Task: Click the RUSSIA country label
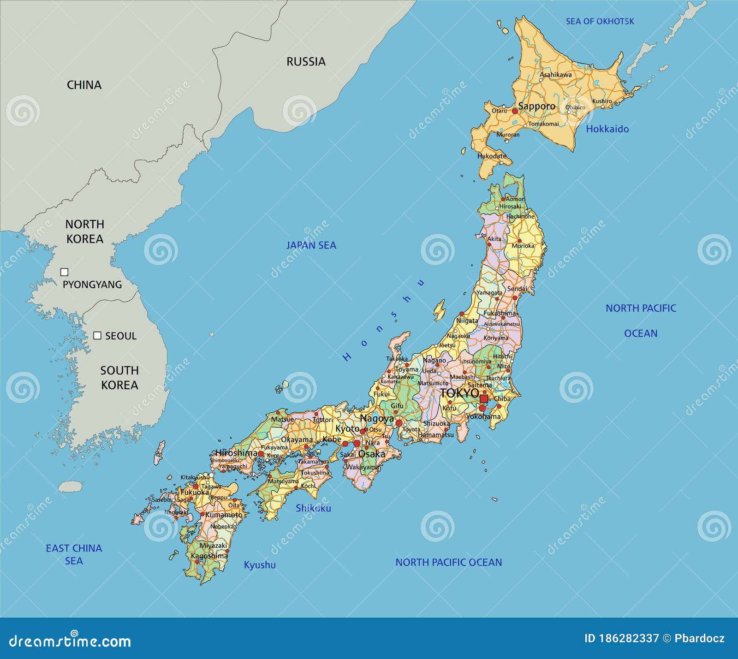point(306,62)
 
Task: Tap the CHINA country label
point(84,85)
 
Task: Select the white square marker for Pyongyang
point(65,272)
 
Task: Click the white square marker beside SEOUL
point(97,336)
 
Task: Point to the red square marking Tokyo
point(484,398)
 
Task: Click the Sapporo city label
point(537,106)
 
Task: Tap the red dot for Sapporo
point(515,111)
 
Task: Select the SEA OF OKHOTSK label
point(600,21)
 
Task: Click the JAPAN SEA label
point(311,245)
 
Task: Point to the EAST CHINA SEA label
point(74,554)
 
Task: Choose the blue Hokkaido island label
point(607,129)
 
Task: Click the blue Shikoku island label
point(313,508)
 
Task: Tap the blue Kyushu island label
point(260,565)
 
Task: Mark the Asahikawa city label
point(555,74)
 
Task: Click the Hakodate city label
point(492,156)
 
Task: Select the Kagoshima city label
point(209,556)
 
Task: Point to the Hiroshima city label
point(236,453)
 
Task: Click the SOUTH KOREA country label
point(119,378)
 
